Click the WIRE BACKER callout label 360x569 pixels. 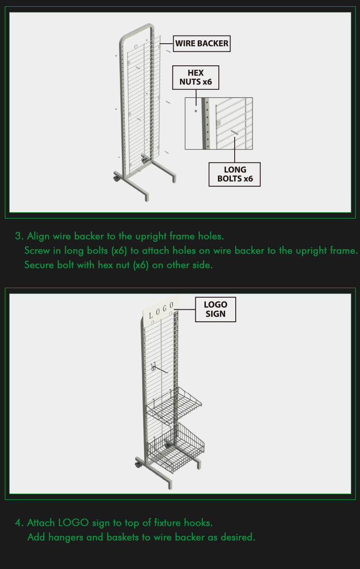coord(202,44)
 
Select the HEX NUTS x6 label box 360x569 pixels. coord(195,77)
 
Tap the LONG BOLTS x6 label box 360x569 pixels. coord(235,174)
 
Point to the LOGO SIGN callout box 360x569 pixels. coord(216,309)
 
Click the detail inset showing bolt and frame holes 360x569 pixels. coord(218,123)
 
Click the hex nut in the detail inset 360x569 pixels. coord(196,111)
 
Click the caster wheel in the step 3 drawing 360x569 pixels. coord(116,178)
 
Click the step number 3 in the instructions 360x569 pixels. coord(18,236)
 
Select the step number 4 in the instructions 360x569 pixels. coord(18,523)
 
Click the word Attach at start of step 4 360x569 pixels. coord(41,523)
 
